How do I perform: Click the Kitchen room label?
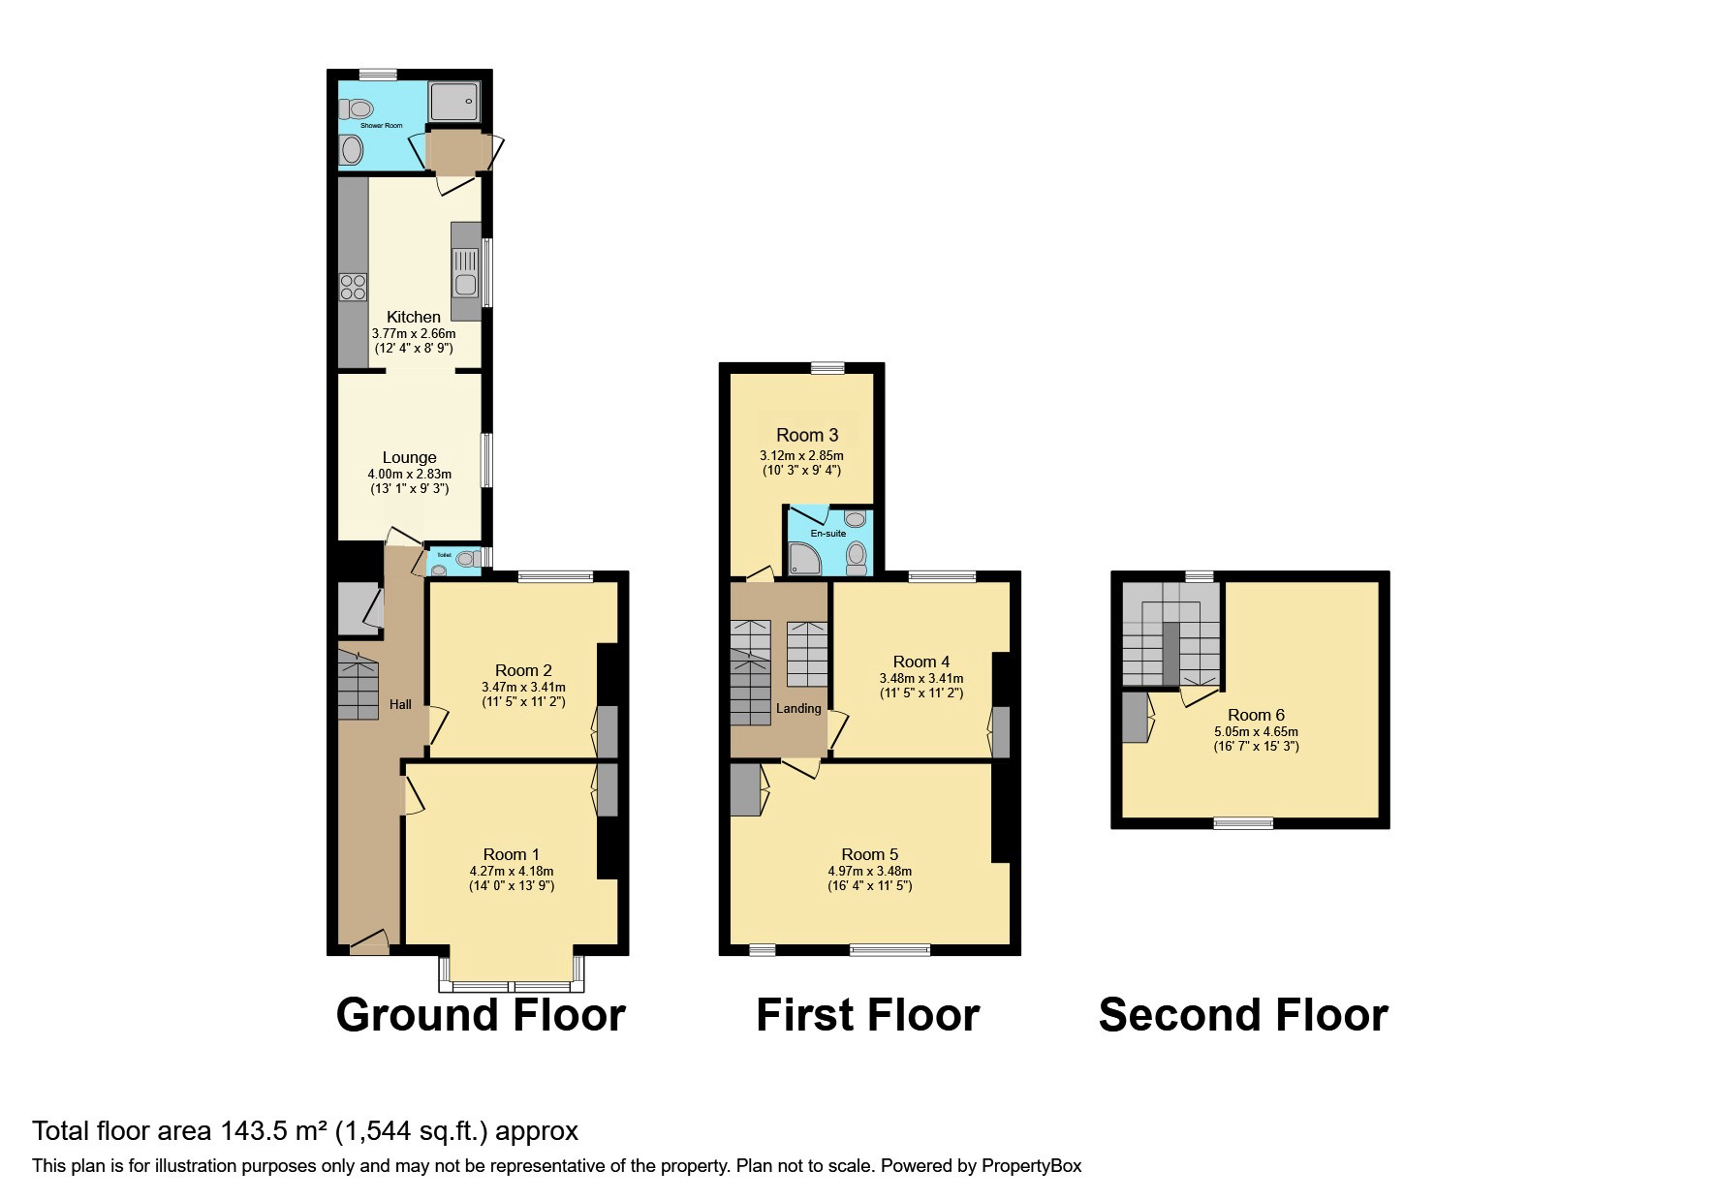pyautogui.click(x=414, y=317)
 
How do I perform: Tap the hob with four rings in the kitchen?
pyautogui.click(x=353, y=288)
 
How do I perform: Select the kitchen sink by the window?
pyautogui.click(x=465, y=270)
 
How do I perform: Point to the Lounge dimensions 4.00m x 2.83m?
pyautogui.click(x=409, y=474)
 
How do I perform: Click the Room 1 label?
pyautogui.click(x=511, y=853)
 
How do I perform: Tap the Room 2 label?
pyautogui.click(x=523, y=670)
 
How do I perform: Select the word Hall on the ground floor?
pyautogui.click(x=400, y=704)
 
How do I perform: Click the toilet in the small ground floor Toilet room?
pyautogui.click(x=466, y=558)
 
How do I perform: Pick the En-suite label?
pyautogui.click(x=827, y=533)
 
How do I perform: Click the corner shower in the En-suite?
pyautogui.click(x=803, y=558)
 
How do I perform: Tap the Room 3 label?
pyautogui.click(x=806, y=435)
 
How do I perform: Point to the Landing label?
pyautogui.click(x=798, y=708)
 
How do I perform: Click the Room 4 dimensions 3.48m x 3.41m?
pyautogui.click(x=920, y=678)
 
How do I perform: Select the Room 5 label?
pyautogui.click(x=869, y=853)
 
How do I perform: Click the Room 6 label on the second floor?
pyautogui.click(x=1256, y=715)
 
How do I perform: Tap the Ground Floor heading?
pyautogui.click(x=481, y=1015)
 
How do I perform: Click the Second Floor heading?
pyautogui.click(x=1243, y=1015)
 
